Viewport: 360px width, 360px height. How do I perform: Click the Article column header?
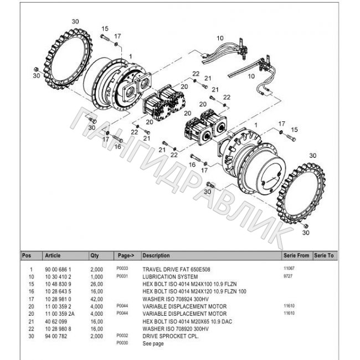click(53, 255)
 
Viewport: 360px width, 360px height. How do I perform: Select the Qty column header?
click(94, 255)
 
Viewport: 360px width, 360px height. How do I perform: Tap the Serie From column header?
click(296, 255)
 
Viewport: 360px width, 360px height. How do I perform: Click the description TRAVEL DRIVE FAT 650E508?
click(176, 269)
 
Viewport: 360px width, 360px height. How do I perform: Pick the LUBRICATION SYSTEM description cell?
click(170, 277)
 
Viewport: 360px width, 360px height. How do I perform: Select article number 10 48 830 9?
click(58, 284)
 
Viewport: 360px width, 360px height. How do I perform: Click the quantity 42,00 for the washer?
click(97, 299)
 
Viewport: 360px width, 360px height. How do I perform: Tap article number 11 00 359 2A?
click(60, 313)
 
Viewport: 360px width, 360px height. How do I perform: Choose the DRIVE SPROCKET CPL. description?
click(171, 336)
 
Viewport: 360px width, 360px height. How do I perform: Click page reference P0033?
click(122, 268)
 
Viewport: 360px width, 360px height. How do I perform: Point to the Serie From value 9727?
click(288, 276)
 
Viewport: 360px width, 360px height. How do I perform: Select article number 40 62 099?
click(56, 321)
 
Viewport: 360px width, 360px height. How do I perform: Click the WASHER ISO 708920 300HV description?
click(176, 329)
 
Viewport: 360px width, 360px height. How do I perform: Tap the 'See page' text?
click(153, 343)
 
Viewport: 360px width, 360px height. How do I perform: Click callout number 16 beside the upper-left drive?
click(117, 146)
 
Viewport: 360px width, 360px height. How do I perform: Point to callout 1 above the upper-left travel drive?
click(131, 56)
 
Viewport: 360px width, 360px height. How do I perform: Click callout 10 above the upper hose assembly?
click(220, 38)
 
